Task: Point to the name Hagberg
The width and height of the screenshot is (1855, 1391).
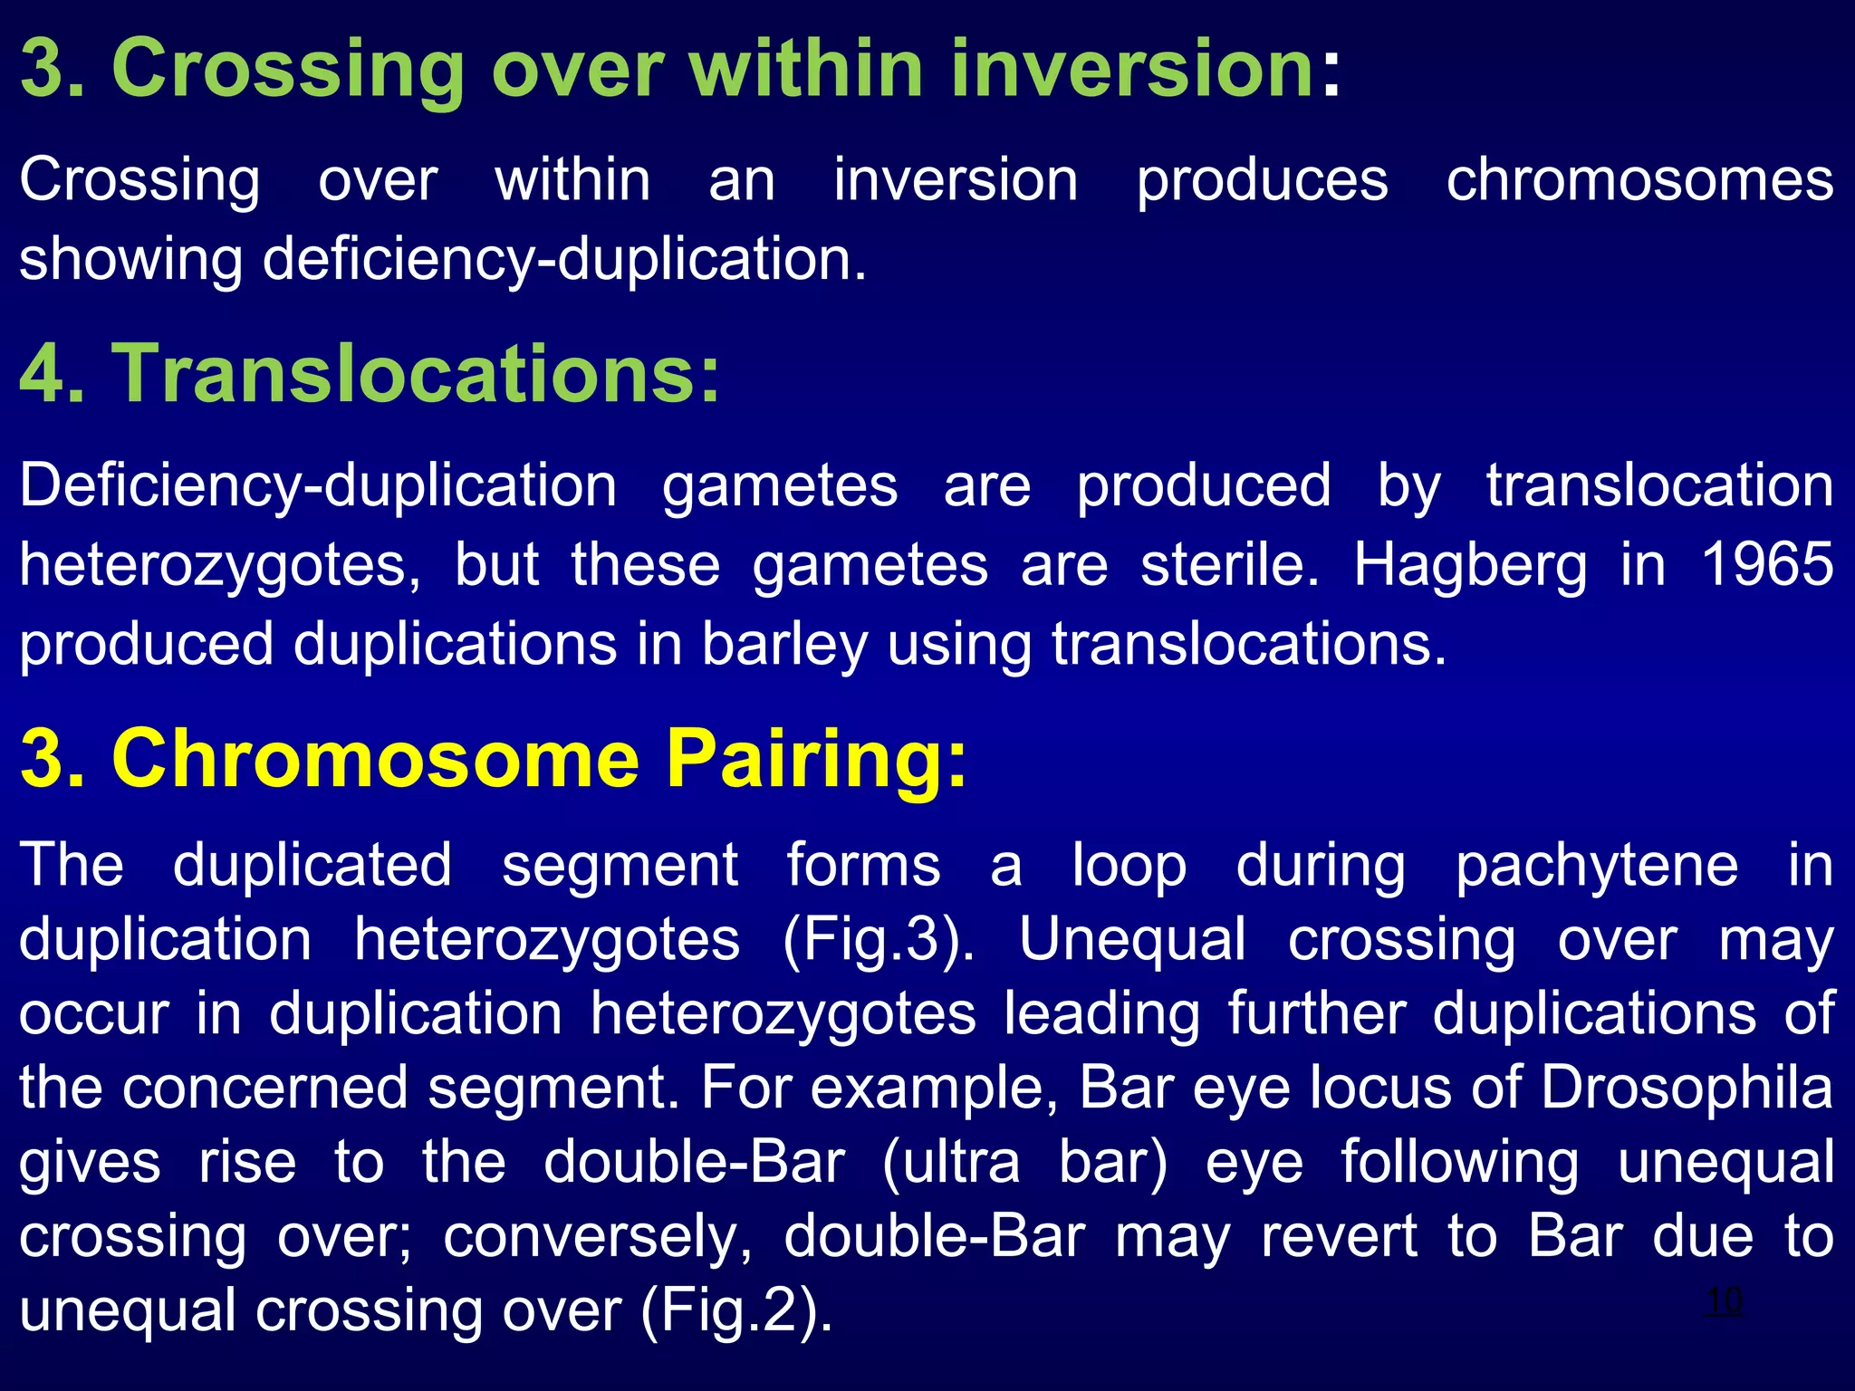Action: [1470, 566]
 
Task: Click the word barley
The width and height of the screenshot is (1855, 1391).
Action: [784, 645]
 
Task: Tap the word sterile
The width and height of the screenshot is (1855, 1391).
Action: [1230, 564]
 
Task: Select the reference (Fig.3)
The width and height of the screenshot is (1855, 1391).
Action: [879, 939]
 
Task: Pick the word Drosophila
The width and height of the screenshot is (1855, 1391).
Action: [1687, 1087]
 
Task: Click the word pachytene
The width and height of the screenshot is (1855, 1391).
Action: [1597, 866]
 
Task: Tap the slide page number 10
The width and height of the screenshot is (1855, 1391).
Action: [1723, 1301]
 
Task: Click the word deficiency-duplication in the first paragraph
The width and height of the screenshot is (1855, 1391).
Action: [564, 260]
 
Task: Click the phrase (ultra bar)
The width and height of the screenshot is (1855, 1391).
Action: [1024, 1162]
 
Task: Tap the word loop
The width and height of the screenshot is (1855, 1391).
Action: [1129, 866]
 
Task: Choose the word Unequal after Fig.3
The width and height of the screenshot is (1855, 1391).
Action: [1132, 939]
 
